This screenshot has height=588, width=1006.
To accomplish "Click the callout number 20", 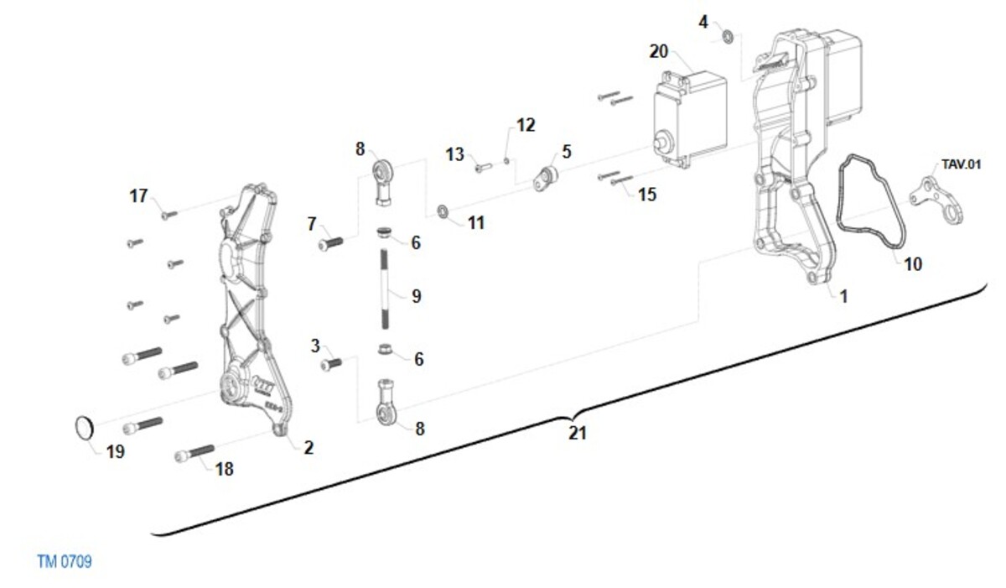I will pos(659,51).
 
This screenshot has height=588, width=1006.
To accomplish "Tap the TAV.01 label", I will pos(961,164).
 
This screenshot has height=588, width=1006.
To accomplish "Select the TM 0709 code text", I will pos(65,561).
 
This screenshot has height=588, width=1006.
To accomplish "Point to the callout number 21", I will pos(577,434).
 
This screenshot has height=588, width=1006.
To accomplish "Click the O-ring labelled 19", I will pos(82,427).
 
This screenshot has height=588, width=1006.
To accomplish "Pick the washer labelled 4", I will pos(729,37).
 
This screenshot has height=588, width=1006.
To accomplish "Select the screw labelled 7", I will pos(331,243).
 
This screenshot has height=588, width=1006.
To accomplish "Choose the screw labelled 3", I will pos(332,364).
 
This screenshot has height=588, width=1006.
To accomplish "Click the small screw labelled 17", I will pos(169,215).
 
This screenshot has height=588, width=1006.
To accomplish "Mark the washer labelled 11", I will pos(443,209).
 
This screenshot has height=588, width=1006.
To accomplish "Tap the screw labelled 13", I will pos(480,168).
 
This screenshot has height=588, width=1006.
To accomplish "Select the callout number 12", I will pos(526,125).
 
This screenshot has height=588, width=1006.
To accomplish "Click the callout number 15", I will pos(647,195).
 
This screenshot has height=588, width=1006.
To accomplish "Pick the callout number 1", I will pos(843,296).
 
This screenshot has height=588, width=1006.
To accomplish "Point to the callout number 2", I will pos(309,448).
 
